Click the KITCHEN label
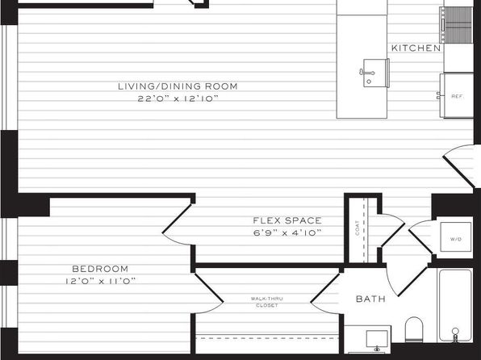click(x=416, y=48)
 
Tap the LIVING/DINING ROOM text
click(x=178, y=86)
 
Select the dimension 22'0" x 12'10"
click(x=178, y=98)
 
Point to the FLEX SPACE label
click(x=287, y=220)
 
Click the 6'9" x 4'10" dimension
click(x=287, y=233)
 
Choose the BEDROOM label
click(x=100, y=269)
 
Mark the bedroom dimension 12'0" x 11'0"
click(x=100, y=281)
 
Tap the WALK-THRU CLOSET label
click(x=267, y=302)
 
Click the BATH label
click(x=370, y=299)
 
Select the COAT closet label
click(x=357, y=228)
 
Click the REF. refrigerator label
click(x=458, y=96)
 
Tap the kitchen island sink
click(x=374, y=73)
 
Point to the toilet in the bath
click(x=414, y=329)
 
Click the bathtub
click(x=455, y=305)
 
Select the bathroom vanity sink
click(x=377, y=340)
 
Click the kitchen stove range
click(x=456, y=25)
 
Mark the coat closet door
click(x=392, y=230)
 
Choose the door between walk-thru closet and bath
click(x=326, y=294)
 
